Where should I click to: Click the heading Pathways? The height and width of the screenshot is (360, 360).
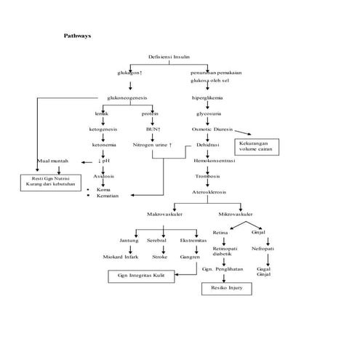(x=78, y=35)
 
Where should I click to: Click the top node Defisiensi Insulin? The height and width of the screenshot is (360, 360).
(x=169, y=56)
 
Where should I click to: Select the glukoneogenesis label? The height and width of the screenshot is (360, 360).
(x=127, y=97)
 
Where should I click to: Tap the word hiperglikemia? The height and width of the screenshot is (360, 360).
(x=207, y=97)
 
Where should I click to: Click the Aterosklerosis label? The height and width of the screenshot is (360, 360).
(x=209, y=192)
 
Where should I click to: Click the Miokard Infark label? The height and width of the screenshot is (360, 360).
(x=120, y=257)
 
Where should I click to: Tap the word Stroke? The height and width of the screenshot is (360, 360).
(x=159, y=257)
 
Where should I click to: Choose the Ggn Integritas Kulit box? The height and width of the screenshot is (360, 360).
(x=141, y=276)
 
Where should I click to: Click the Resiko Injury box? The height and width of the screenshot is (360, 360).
(x=226, y=289)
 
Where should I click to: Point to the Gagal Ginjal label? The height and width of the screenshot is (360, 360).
(x=264, y=272)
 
